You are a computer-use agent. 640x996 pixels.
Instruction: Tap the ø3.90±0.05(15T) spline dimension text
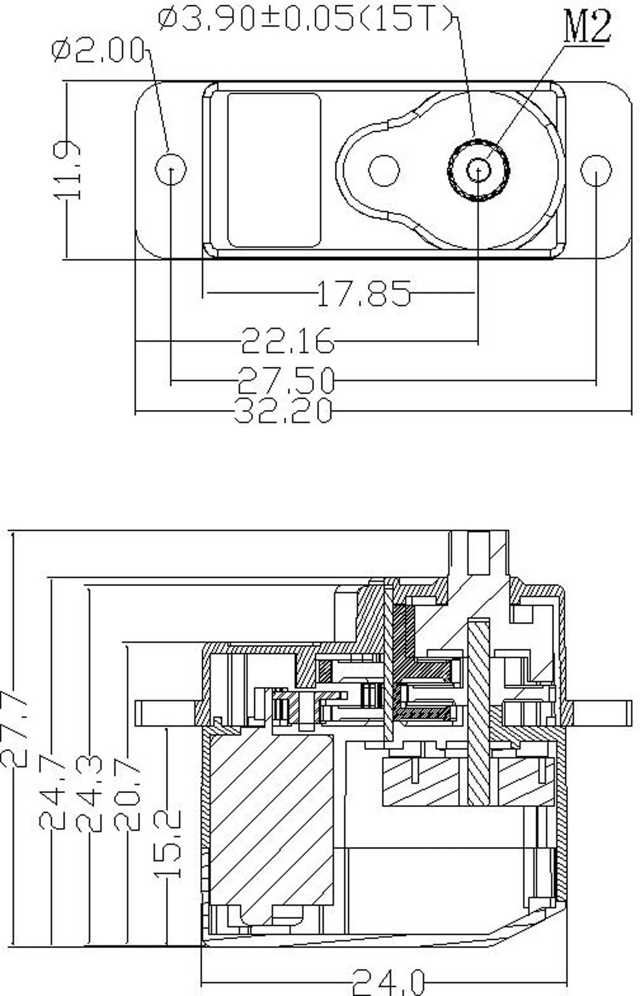pyautogui.click(x=307, y=20)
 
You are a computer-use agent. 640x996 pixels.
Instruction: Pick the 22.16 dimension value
pyautogui.click(x=288, y=341)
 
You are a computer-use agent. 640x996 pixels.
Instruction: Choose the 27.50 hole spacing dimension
pyautogui.click(x=286, y=380)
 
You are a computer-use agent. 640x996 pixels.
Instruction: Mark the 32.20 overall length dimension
pyautogui.click(x=283, y=410)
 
